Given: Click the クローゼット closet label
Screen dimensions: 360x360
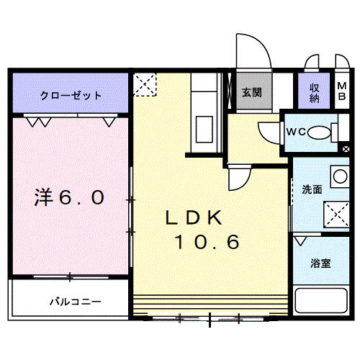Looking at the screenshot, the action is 71,96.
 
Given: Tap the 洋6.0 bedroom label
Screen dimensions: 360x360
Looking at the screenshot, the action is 69,197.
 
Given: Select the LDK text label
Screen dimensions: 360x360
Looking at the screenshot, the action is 194,217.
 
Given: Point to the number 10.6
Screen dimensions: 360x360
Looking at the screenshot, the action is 207,241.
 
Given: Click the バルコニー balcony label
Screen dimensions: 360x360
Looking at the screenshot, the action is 76,302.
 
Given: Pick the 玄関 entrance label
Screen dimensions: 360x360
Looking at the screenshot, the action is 251,92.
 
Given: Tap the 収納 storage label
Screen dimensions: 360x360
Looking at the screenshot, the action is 314,93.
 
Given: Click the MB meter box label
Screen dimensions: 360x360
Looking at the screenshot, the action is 342,91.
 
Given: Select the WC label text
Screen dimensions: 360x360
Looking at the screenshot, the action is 296,132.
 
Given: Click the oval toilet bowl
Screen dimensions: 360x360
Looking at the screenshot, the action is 319,132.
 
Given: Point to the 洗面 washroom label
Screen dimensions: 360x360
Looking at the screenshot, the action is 312,189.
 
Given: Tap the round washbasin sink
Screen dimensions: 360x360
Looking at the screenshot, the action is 340,176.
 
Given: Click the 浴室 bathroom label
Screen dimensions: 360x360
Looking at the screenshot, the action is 320,264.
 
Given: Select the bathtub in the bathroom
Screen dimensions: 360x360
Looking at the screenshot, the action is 321,300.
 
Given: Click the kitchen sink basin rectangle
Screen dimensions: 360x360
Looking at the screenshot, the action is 204,129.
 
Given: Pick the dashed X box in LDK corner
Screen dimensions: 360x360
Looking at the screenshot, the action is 145,84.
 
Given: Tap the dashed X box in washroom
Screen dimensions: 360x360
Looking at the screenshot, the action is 337,215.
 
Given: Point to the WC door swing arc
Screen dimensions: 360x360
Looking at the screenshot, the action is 263,136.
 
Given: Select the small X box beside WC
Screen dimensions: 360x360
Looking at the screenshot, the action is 346,149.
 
